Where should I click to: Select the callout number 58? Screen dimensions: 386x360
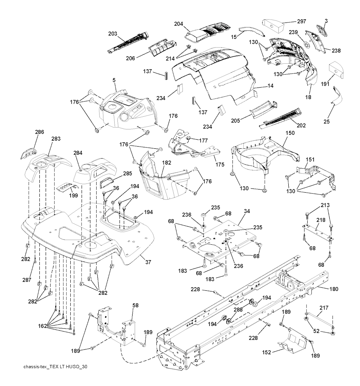click(x=136, y=306)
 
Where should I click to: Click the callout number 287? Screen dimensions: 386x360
click(x=27, y=280)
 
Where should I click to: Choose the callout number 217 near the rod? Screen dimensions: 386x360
click(x=324, y=308)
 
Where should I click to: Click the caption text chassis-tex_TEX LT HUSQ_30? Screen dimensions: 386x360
click(x=55, y=367)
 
